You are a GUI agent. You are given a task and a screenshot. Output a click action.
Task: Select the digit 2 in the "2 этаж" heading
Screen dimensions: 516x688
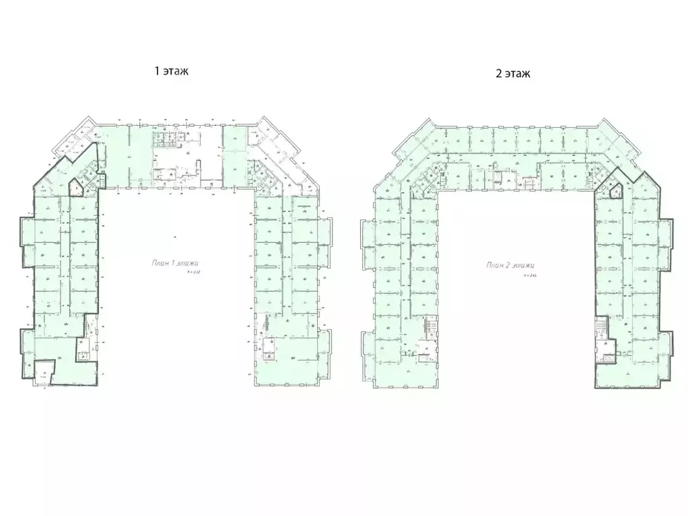(x=499, y=74)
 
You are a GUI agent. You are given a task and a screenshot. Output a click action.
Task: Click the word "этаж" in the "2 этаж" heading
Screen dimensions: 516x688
(x=517, y=74)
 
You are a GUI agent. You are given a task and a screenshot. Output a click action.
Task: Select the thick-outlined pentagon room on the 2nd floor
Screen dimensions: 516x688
(x=613, y=190)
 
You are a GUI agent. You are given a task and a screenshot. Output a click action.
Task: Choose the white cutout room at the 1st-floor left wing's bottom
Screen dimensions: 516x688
(x=44, y=371)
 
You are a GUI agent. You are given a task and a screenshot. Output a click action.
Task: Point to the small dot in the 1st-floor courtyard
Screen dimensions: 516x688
(x=173, y=236)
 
